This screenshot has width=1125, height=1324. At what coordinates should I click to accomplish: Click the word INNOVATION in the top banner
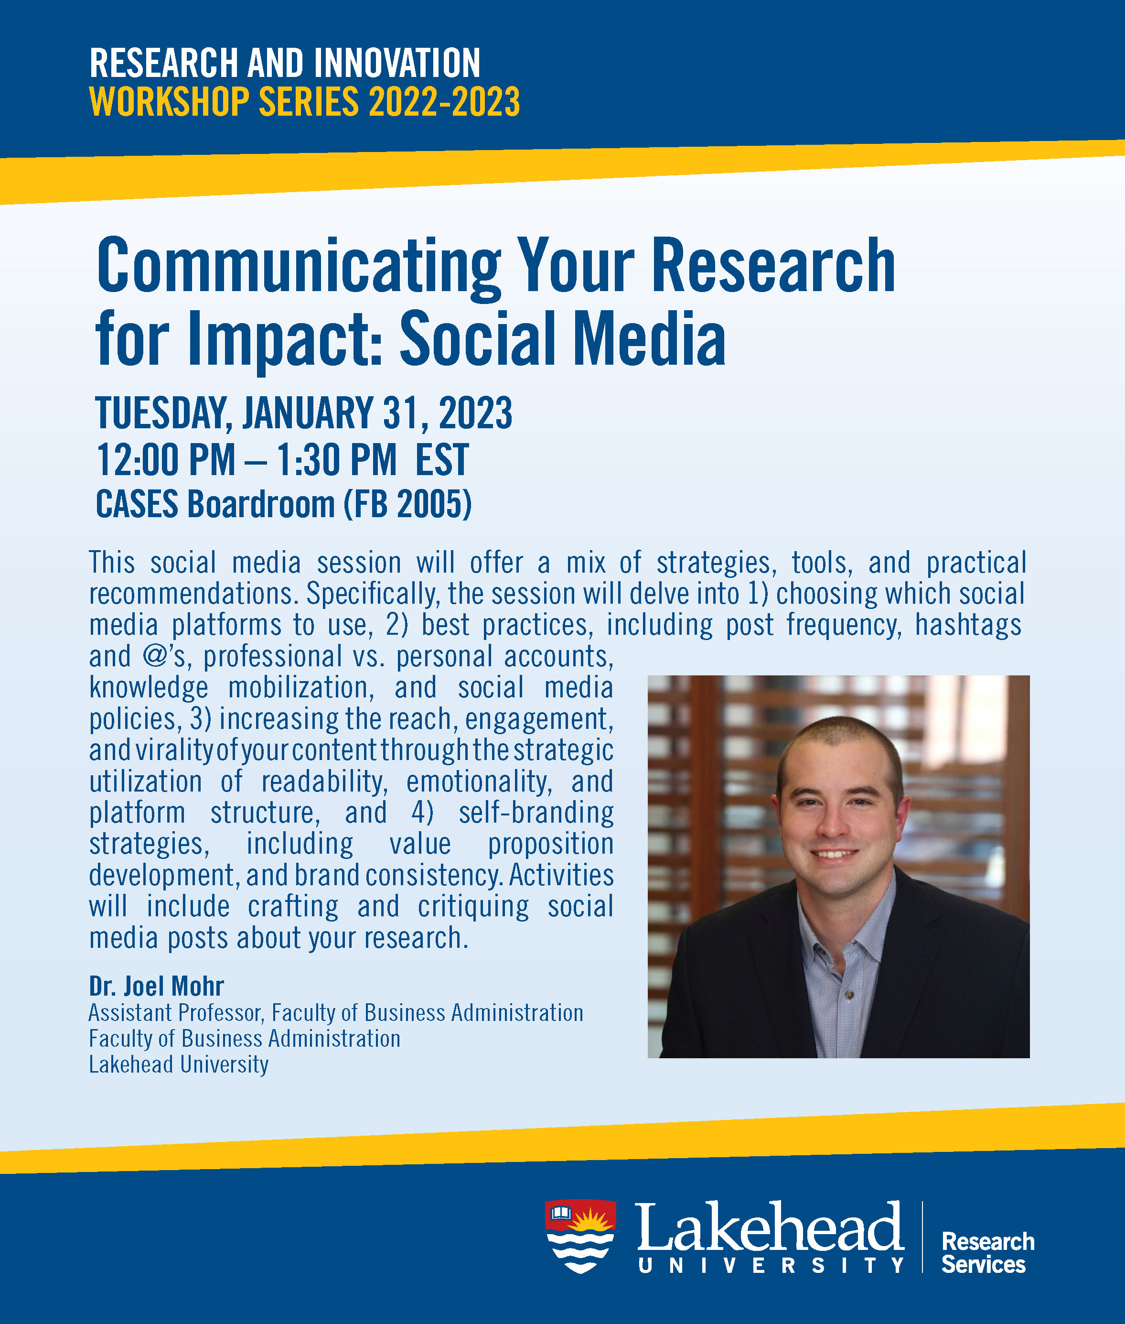point(396,63)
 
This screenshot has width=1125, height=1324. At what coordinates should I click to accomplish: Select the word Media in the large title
point(649,338)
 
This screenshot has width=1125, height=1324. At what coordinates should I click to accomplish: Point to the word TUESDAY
point(164,413)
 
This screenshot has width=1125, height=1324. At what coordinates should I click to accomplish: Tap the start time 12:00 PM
point(166,459)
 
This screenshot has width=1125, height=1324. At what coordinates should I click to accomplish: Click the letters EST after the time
point(442,459)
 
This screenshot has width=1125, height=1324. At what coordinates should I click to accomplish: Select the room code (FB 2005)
point(408,504)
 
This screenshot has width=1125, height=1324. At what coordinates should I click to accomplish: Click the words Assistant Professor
point(176,1013)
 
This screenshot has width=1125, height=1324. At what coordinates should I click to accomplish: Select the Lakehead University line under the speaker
point(179,1064)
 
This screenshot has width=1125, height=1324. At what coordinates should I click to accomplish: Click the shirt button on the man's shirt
point(849,995)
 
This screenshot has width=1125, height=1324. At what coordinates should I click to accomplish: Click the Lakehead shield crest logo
point(580,1237)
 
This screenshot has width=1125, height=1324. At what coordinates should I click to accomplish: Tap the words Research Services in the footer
point(988,1252)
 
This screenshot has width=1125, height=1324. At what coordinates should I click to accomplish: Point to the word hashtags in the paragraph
point(968,625)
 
